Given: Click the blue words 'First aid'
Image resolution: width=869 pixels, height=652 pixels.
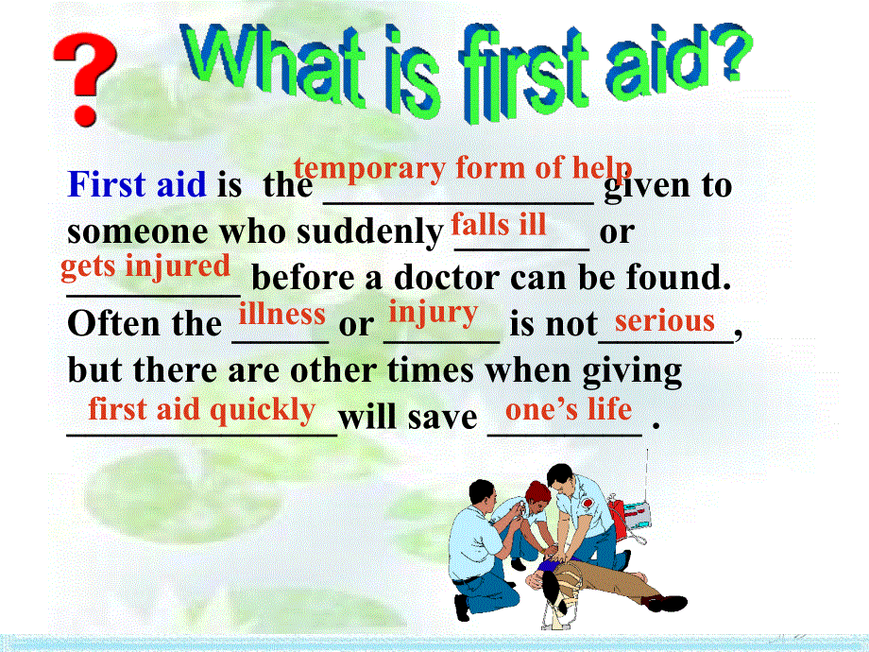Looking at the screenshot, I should [x=136, y=184].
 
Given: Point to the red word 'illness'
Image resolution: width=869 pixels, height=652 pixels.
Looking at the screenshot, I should [x=281, y=313].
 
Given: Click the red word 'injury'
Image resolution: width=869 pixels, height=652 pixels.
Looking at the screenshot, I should [x=434, y=312].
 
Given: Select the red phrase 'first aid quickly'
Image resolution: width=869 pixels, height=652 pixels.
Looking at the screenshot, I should [x=202, y=409].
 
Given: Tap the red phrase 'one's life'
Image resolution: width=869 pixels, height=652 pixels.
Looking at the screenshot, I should [x=569, y=409].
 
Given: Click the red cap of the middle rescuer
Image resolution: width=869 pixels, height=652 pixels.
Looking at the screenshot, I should [x=538, y=489].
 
